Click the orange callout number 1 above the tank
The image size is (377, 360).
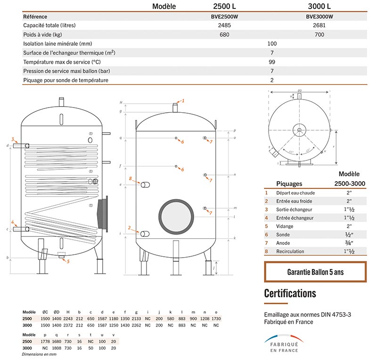click(184, 100)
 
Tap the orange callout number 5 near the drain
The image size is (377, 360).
click(68, 261)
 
